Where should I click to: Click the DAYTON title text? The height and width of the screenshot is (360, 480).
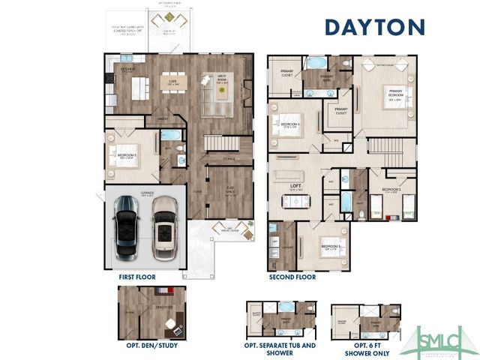(x=374, y=27)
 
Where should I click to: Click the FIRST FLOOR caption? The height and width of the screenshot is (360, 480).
(x=137, y=277)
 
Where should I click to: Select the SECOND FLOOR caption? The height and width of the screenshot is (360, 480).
(x=292, y=277)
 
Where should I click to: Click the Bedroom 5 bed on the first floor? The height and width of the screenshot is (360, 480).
(x=125, y=157)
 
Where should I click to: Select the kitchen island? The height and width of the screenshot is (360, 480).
(x=140, y=88)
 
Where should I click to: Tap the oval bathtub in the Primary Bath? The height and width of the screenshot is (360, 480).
(x=316, y=62)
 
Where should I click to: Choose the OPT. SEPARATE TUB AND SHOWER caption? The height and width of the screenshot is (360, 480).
(x=280, y=349)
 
